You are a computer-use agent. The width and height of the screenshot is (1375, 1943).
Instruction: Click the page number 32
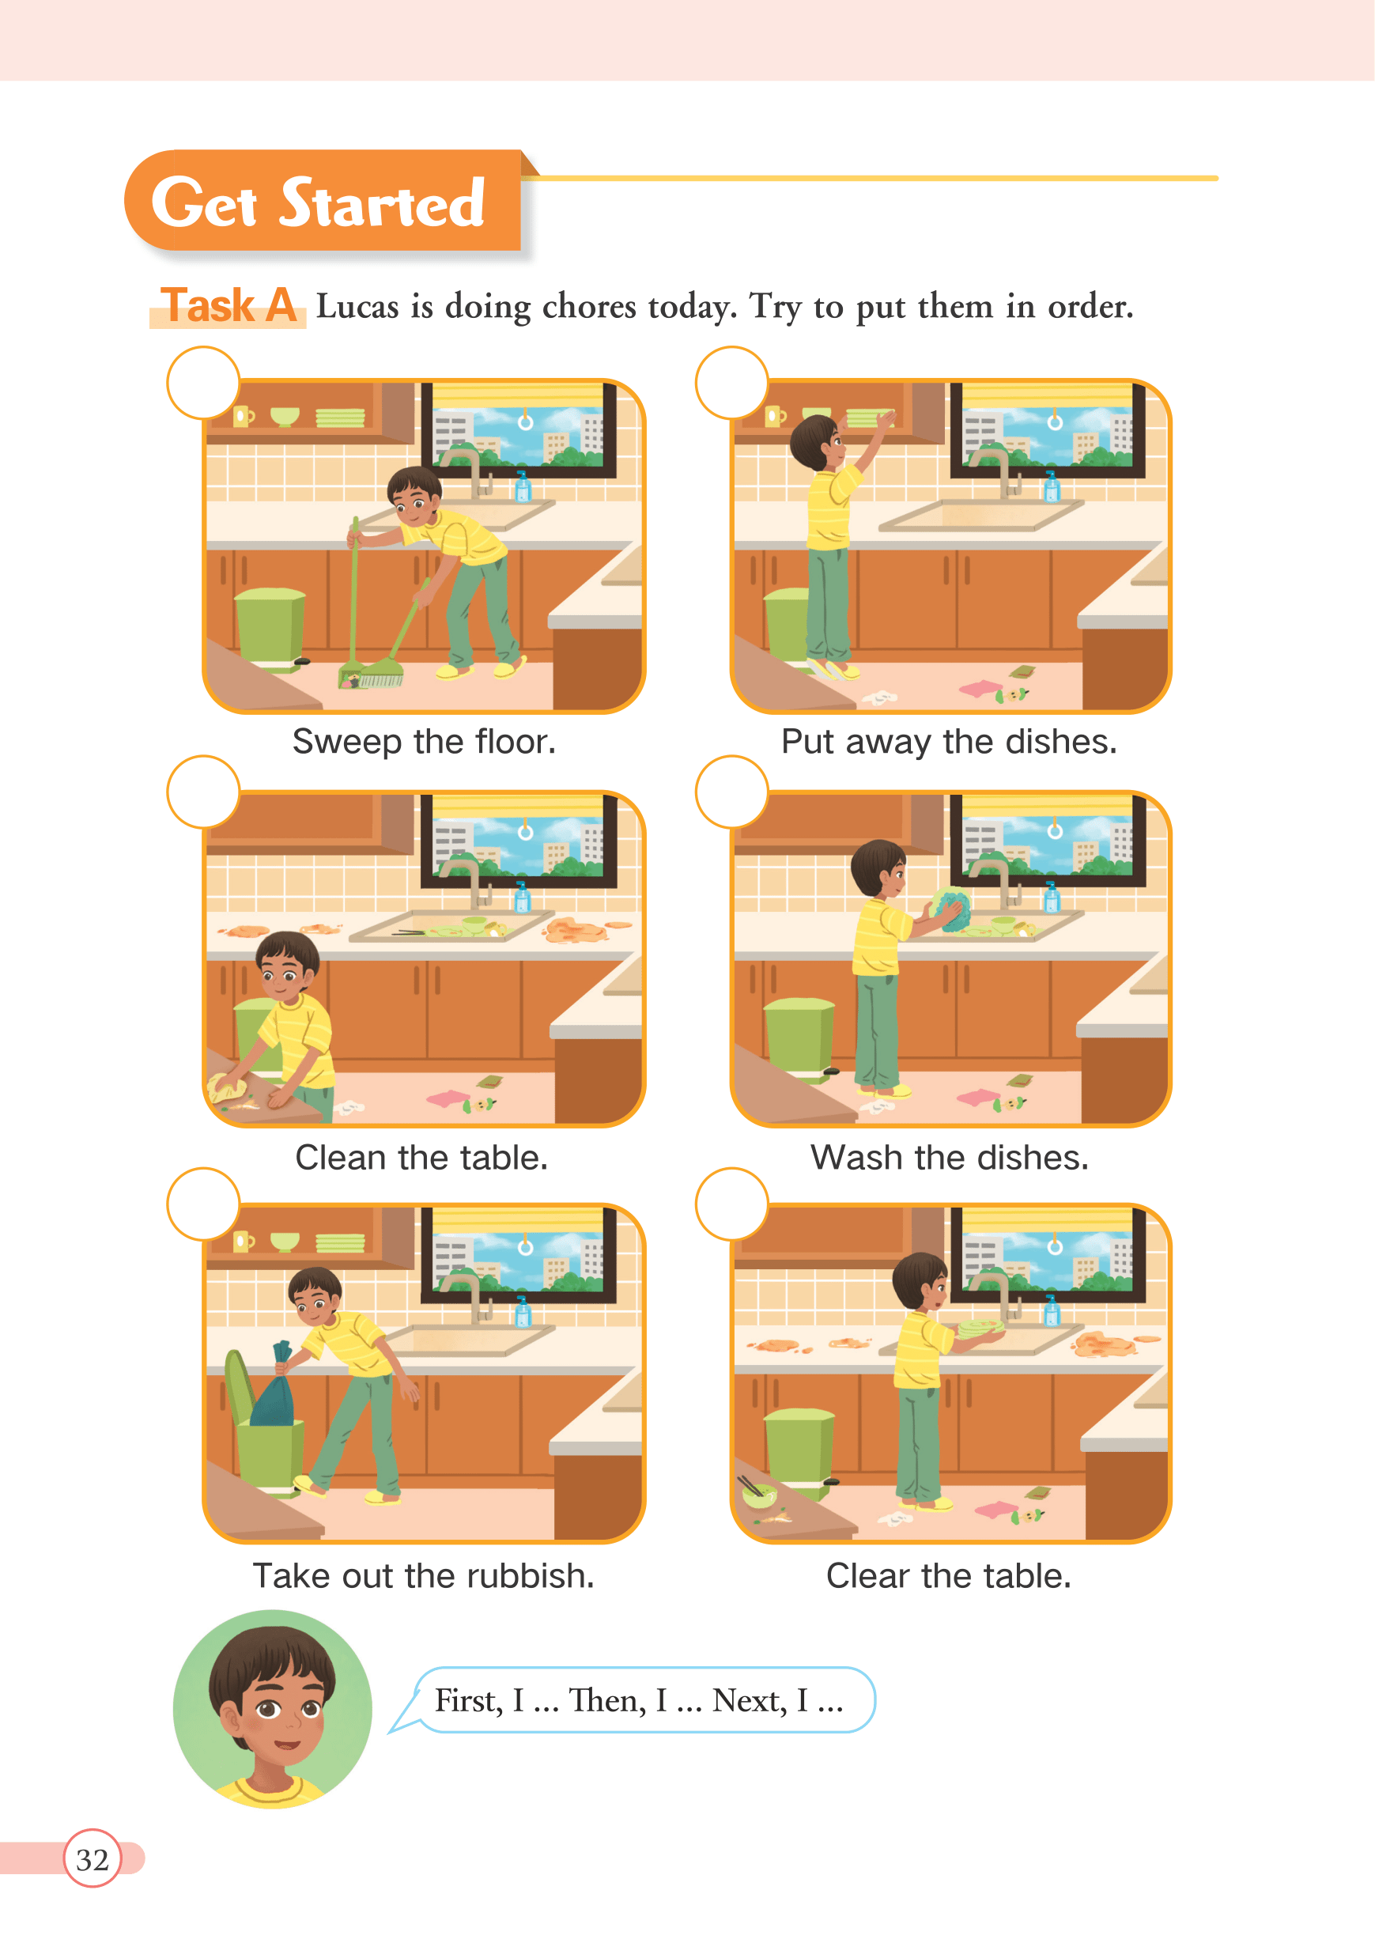pos(93,1859)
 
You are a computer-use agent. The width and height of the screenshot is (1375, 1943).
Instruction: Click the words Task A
pos(228,305)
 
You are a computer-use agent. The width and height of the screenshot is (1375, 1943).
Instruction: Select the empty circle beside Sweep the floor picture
pos(203,383)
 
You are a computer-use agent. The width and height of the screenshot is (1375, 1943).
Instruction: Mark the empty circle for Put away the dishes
pos(731,383)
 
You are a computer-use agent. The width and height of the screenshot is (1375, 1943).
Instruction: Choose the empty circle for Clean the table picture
pos(203,792)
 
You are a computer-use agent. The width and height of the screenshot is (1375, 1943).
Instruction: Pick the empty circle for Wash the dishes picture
pos(731,792)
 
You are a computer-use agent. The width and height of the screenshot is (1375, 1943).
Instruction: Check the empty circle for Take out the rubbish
pos(203,1204)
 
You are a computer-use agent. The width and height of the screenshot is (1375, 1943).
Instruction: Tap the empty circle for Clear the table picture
pos(731,1204)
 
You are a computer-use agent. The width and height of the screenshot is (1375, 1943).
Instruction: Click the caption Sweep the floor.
pos(424,742)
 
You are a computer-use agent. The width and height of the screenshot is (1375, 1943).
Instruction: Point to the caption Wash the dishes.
pos(950,1157)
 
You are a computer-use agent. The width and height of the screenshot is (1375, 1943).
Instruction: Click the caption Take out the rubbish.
pos(424,1575)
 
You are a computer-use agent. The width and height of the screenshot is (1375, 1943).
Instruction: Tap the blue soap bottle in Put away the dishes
pos(1052,485)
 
